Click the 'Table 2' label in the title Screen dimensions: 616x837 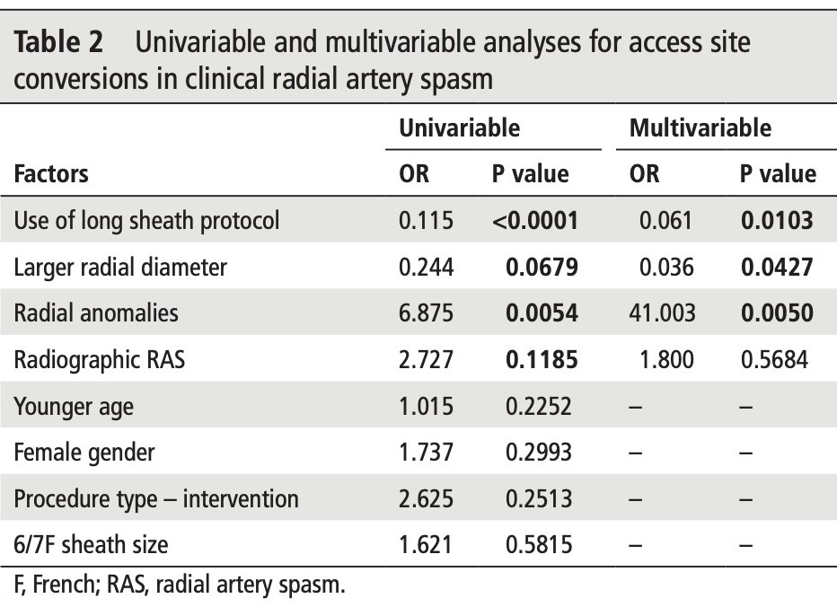59,42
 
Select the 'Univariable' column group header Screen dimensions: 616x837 459,128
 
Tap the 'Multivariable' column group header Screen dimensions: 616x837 700,128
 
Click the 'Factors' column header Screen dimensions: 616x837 51,173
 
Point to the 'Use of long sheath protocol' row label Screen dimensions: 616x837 146,220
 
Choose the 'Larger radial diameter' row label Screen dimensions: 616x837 120,267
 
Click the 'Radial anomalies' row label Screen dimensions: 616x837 96,312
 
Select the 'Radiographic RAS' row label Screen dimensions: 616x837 100,359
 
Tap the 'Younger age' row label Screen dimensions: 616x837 74,406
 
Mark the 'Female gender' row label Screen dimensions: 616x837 84,452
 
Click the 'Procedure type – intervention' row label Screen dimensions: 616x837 156,498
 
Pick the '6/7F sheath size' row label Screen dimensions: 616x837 91,544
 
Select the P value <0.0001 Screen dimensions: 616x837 534,220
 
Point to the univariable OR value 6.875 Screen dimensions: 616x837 427,312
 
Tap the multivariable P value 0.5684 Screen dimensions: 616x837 777,359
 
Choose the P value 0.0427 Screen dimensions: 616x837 777,267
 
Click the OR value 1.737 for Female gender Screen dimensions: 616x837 427,452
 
